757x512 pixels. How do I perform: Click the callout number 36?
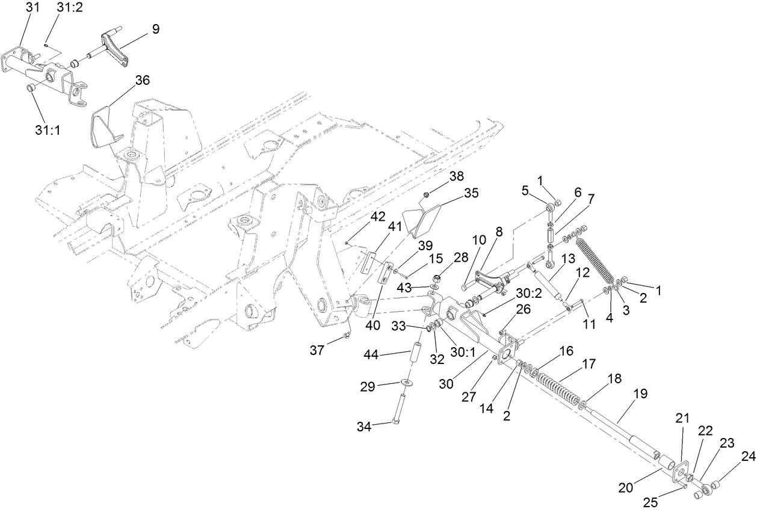click(142, 80)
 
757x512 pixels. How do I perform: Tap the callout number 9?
click(155, 28)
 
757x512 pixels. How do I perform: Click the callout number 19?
click(640, 394)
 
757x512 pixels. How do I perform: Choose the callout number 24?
click(747, 457)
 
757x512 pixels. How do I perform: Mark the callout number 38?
click(457, 176)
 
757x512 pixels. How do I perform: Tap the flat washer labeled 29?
click(408, 383)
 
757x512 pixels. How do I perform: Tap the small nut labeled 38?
click(425, 194)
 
